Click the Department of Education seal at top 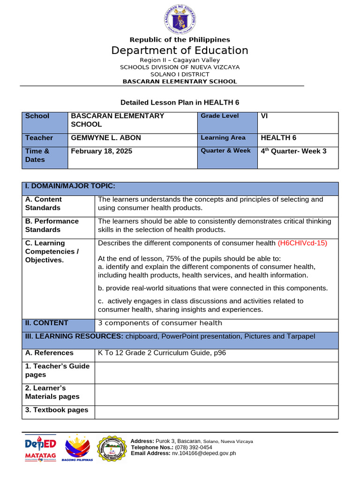[x=180, y=19]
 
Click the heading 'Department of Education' [x=180, y=51]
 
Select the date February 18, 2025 [x=101, y=151]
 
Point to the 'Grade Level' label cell [x=220, y=116]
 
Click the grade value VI [x=264, y=116]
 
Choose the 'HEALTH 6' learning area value [x=278, y=138]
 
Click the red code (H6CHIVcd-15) [x=302, y=243]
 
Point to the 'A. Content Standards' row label [x=44, y=203]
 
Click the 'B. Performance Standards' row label [x=52, y=225]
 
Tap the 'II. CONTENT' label [x=46, y=323]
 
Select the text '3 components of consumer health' [x=160, y=323]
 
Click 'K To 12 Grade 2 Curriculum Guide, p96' [x=162, y=352]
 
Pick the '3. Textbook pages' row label [x=57, y=410]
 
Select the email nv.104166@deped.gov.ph [x=204, y=453]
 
